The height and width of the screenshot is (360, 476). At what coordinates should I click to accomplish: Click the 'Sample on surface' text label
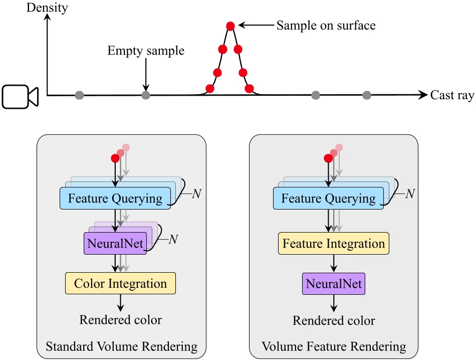pos(326,25)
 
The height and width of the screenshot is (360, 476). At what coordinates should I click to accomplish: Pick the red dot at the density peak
pos(230,26)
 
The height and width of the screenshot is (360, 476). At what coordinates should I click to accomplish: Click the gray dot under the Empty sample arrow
pos(146,94)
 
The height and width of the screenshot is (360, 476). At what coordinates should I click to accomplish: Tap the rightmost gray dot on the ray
pos(367,94)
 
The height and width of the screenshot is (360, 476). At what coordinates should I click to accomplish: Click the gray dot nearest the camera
pos(79,94)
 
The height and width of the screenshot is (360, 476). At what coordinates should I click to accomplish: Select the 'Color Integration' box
pos(120,283)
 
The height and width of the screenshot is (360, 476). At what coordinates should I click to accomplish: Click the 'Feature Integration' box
pos(334,244)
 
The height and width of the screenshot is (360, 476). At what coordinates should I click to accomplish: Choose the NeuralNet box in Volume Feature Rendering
pos(334,284)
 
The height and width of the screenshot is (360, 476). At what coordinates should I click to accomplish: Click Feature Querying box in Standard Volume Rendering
pos(115,199)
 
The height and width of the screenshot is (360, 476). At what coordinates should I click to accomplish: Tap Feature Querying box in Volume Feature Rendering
pos(328,199)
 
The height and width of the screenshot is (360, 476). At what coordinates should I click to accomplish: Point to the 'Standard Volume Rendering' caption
pos(121,346)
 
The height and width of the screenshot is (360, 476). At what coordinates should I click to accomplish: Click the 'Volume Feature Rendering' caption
pos(334,346)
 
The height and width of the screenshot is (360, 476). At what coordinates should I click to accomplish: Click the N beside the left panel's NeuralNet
pos(173,240)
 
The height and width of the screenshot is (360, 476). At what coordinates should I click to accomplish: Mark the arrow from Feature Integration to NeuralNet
pos(334,263)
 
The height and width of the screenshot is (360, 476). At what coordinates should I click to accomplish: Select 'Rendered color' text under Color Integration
pos(121,319)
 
